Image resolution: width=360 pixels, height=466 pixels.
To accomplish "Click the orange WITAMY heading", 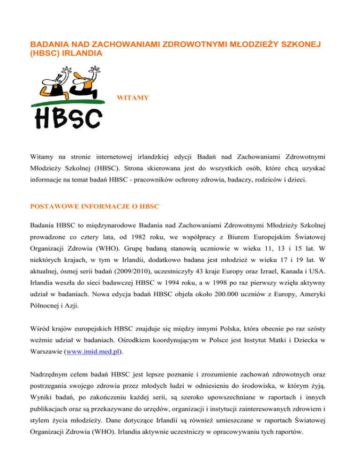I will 133,98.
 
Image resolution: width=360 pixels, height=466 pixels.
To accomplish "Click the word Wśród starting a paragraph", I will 40,325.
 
